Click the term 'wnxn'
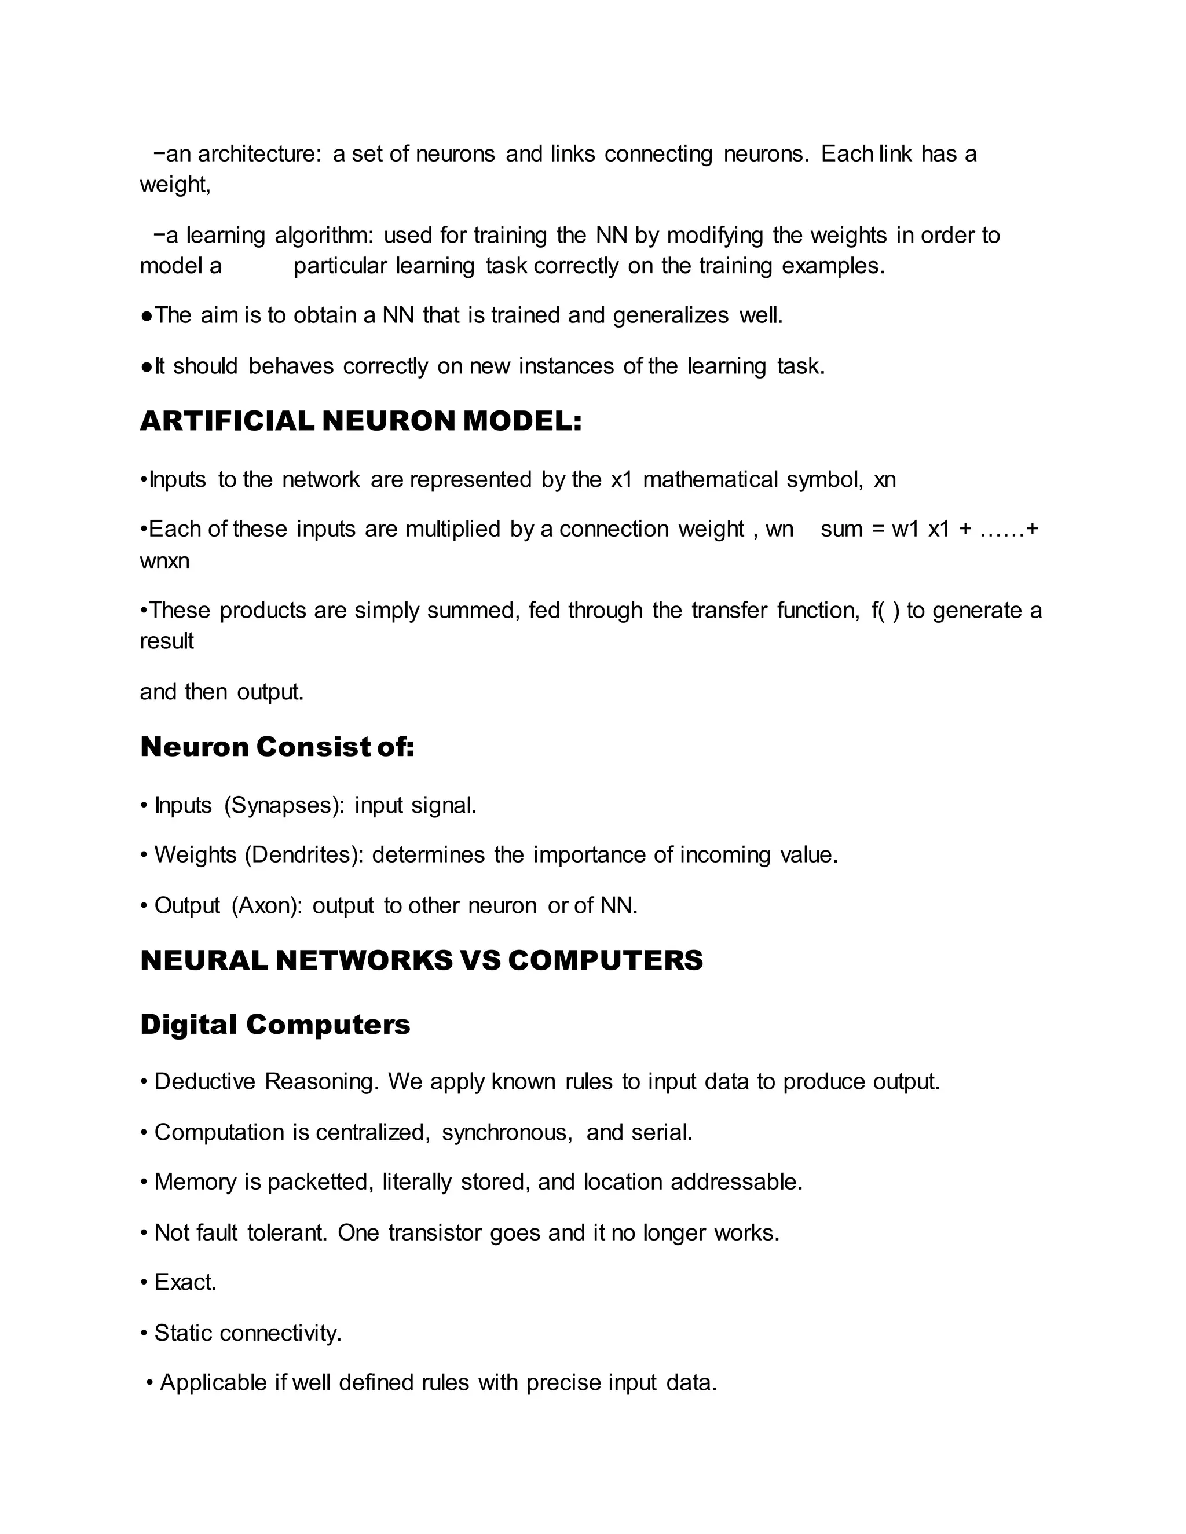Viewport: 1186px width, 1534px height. [x=164, y=561]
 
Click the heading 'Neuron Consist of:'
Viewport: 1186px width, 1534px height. [x=277, y=747]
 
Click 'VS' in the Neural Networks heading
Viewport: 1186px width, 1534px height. [x=480, y=961]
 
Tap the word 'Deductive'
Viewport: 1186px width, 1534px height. [x=204, y=1082]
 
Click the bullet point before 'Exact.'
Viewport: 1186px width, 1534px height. [x=144, y=1283]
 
